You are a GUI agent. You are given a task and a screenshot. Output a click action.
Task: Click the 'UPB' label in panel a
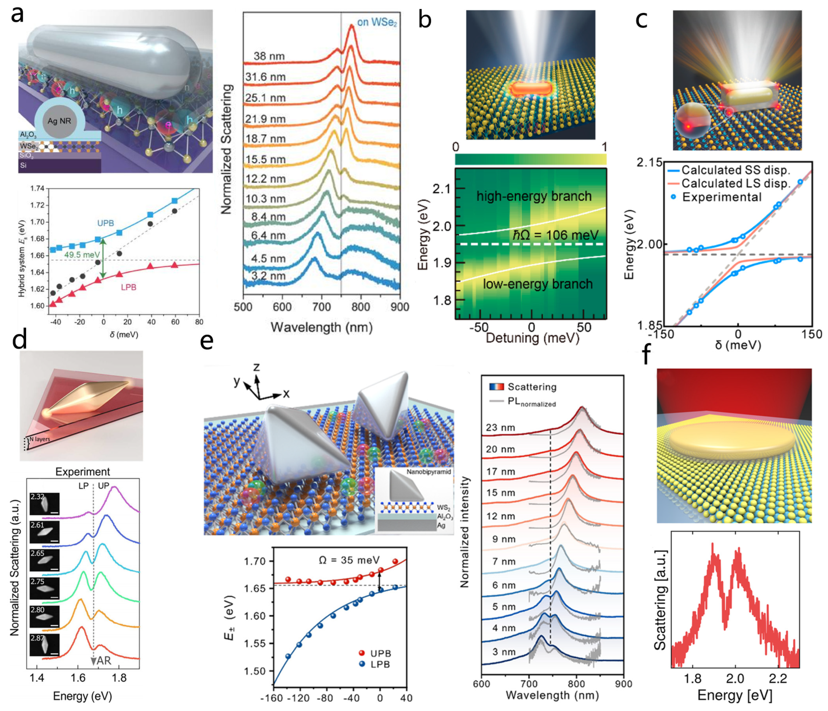coord(106,223)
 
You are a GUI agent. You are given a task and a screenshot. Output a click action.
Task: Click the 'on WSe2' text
coord(377,22)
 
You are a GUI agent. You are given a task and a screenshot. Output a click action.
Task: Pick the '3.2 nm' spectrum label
coord(269,276)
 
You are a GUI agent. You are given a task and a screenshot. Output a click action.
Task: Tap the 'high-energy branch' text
coord(534,196)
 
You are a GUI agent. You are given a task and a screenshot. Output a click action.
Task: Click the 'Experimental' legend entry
coord(722,197)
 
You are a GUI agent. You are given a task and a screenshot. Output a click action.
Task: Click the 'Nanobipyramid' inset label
coord(428,472)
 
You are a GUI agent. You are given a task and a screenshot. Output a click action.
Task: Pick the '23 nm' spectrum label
coord(500,428)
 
